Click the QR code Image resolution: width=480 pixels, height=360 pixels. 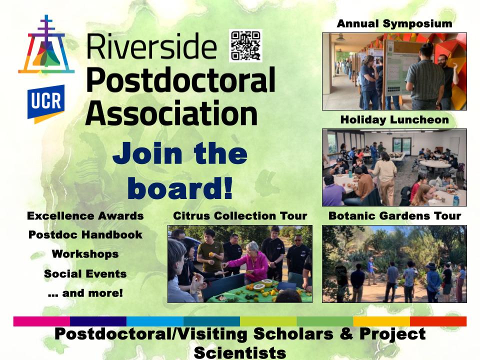[x=245, y=45]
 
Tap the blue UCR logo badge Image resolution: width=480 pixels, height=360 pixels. [x=46, y=104]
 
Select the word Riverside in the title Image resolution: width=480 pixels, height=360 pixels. [x=151, y=46]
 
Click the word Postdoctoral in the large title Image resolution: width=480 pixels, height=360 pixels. [x=180, y=79]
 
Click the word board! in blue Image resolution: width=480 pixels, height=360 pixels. [x=180, y=188]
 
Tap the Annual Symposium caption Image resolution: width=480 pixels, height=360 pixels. [x=394, y=23]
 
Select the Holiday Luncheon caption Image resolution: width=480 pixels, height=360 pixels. [x=394, y=119]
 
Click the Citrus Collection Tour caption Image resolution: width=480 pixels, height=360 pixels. [x=240, y=216]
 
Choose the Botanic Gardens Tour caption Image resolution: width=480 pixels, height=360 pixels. [x=394, y=216]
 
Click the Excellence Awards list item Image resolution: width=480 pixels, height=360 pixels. [x=85, y=216]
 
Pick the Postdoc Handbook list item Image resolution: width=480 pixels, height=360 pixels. [x=85, y=235]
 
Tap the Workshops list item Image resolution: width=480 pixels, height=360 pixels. [x=85, y=254]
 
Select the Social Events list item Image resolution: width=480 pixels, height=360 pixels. [x=85, y=273]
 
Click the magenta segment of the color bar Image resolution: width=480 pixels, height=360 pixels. [x=41, y=321]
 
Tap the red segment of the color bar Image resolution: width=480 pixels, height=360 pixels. [x=438, y=321]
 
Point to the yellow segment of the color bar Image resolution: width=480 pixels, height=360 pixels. [x=381, y=321]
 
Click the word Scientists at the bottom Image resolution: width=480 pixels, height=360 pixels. [x=240, y=353]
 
